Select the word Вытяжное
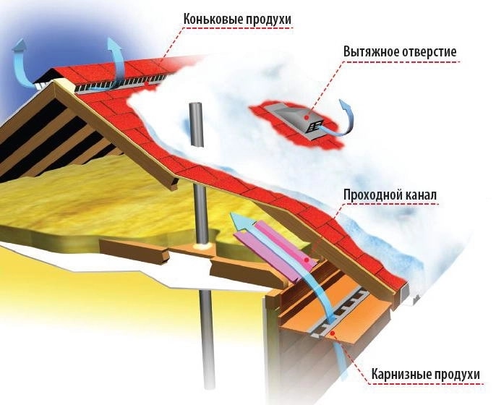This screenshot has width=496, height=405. (x=369, y=52)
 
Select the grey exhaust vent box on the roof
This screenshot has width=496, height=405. (x=296, y=120)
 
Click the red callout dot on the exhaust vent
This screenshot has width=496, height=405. (x=307, y=117)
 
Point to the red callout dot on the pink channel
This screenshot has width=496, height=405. (x=307, y=260)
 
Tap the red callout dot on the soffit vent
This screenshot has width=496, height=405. (x=331, y=333)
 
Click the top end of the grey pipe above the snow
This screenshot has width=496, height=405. (x=196, y=105)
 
